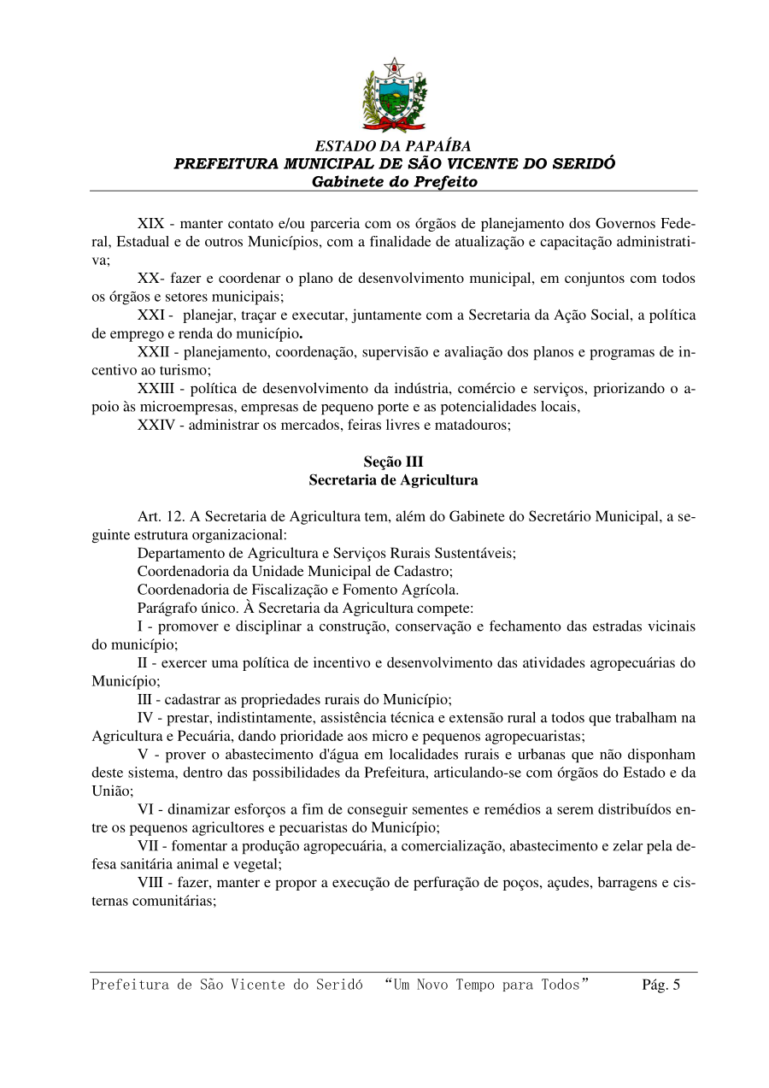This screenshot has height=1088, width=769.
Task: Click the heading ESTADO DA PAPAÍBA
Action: click(x=393, y=146)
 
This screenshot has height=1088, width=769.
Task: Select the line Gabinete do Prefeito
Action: click(x=394, y=182)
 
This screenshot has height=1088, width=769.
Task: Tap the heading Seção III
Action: click(x=393, y=462)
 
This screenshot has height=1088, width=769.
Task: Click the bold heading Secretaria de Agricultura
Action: click(x=393, y=480)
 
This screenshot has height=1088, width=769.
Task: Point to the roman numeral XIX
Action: click(x=150, y=223)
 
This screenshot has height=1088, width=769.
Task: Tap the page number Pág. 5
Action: click(x=660, y=985)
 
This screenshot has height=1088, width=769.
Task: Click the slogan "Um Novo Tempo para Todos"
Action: click(x=487, y=985)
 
